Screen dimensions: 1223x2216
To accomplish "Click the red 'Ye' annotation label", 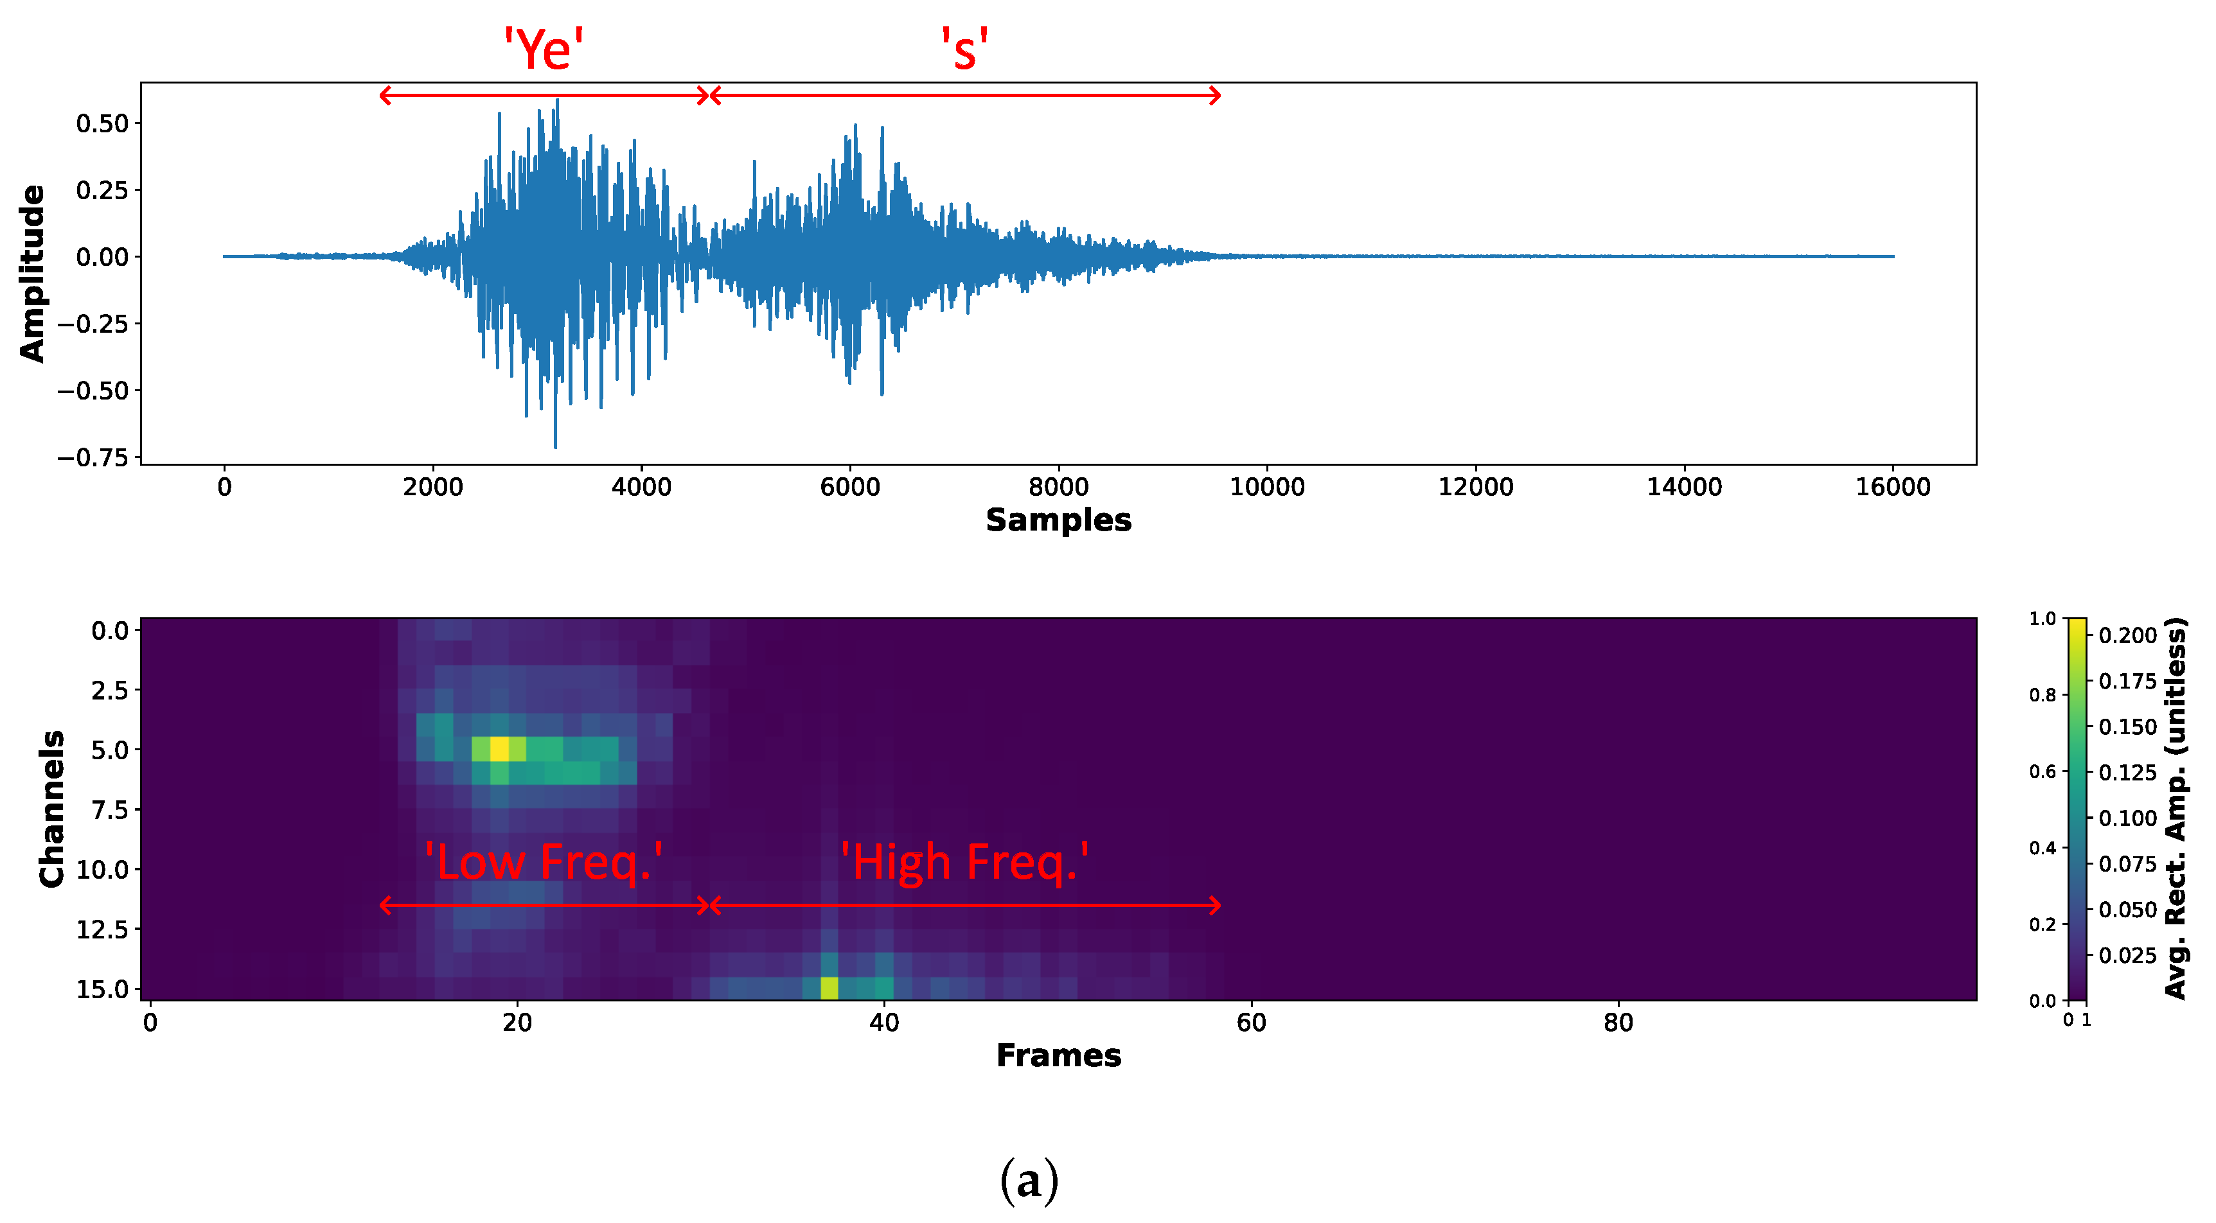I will (544, 50).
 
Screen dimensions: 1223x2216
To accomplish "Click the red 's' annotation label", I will (964, 50).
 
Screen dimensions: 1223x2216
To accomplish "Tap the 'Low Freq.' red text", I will (544, 862).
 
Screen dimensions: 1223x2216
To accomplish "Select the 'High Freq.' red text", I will (964, 862).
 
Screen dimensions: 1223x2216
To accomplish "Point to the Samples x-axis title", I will (1058, 520).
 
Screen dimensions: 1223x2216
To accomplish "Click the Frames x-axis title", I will (1058, 1055).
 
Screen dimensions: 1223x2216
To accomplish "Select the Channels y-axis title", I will (51, 809).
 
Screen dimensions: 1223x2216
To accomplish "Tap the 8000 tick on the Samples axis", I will (1058, 488).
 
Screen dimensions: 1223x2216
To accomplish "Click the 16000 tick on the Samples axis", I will (1893, 488).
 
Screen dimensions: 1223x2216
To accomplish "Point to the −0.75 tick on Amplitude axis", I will (93, 457).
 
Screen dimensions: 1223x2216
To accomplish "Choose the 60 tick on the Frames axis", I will (1251, 1023).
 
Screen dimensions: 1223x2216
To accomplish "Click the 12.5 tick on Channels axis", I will (102, 929).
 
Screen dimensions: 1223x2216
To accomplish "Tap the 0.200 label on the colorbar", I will (2127, 635).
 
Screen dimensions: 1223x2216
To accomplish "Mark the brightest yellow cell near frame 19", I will (499, 749).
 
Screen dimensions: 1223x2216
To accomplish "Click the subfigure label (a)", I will (1029, 1180).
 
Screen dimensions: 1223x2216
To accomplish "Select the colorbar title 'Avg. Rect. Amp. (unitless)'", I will (2176, 809).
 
